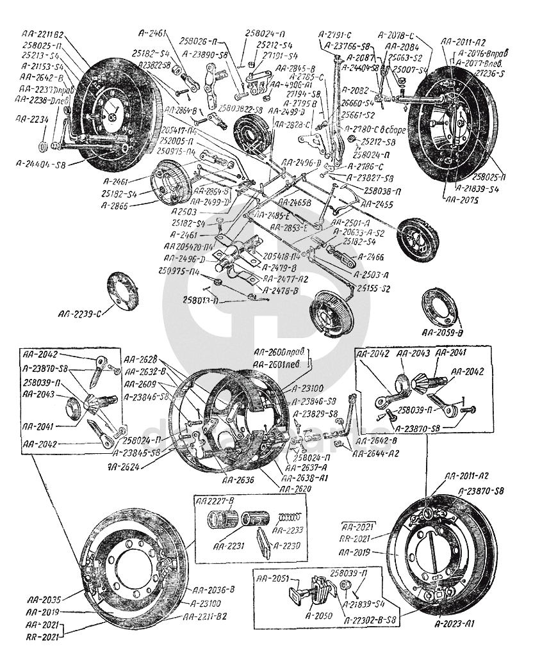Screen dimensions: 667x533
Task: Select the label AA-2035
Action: click(x=44, y=600)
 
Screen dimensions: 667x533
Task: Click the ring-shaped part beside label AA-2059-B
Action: click(x=441, y=307)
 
